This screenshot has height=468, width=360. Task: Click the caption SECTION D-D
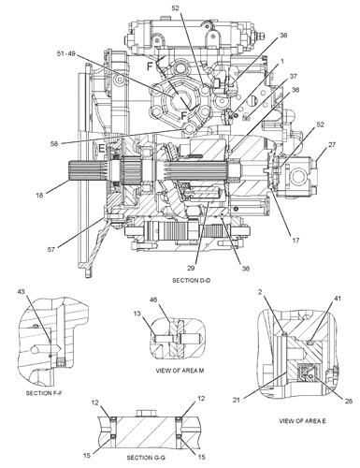click(x=192, y=281)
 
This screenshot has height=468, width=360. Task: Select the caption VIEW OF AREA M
click(x=180, y=371)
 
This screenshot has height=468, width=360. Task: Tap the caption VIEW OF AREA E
click(x=302, y=421)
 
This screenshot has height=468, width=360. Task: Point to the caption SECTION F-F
click(x=44, y=393)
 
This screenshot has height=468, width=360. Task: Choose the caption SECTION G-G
click(x=146, y=458)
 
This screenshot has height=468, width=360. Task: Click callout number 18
click(x=39, y=196)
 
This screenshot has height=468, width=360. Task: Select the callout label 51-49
click(x=65, y=53)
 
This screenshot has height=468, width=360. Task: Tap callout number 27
click(x=332, y=144)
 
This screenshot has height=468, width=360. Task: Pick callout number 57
click(x=51, y=249)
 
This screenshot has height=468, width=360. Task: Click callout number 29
click(x=191, y=268)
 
